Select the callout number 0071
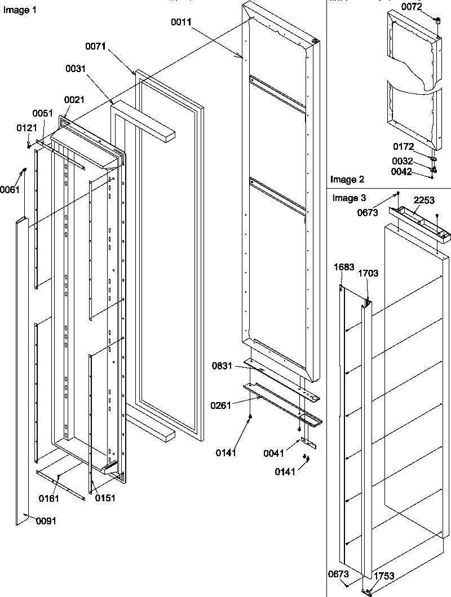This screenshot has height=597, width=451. [x=96, y=47]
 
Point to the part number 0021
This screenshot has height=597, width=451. [x=74, y=100]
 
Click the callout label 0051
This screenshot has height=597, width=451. [x=42, y=113]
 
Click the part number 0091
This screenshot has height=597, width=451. [x=46, y=521]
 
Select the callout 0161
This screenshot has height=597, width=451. [x=49, y=498]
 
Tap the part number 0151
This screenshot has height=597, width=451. [x=105, y=498]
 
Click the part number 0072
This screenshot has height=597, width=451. [x=411, y=6]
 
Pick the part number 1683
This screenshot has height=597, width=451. [x=344, y=267]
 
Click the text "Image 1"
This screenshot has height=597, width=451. [x=16, y=11]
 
